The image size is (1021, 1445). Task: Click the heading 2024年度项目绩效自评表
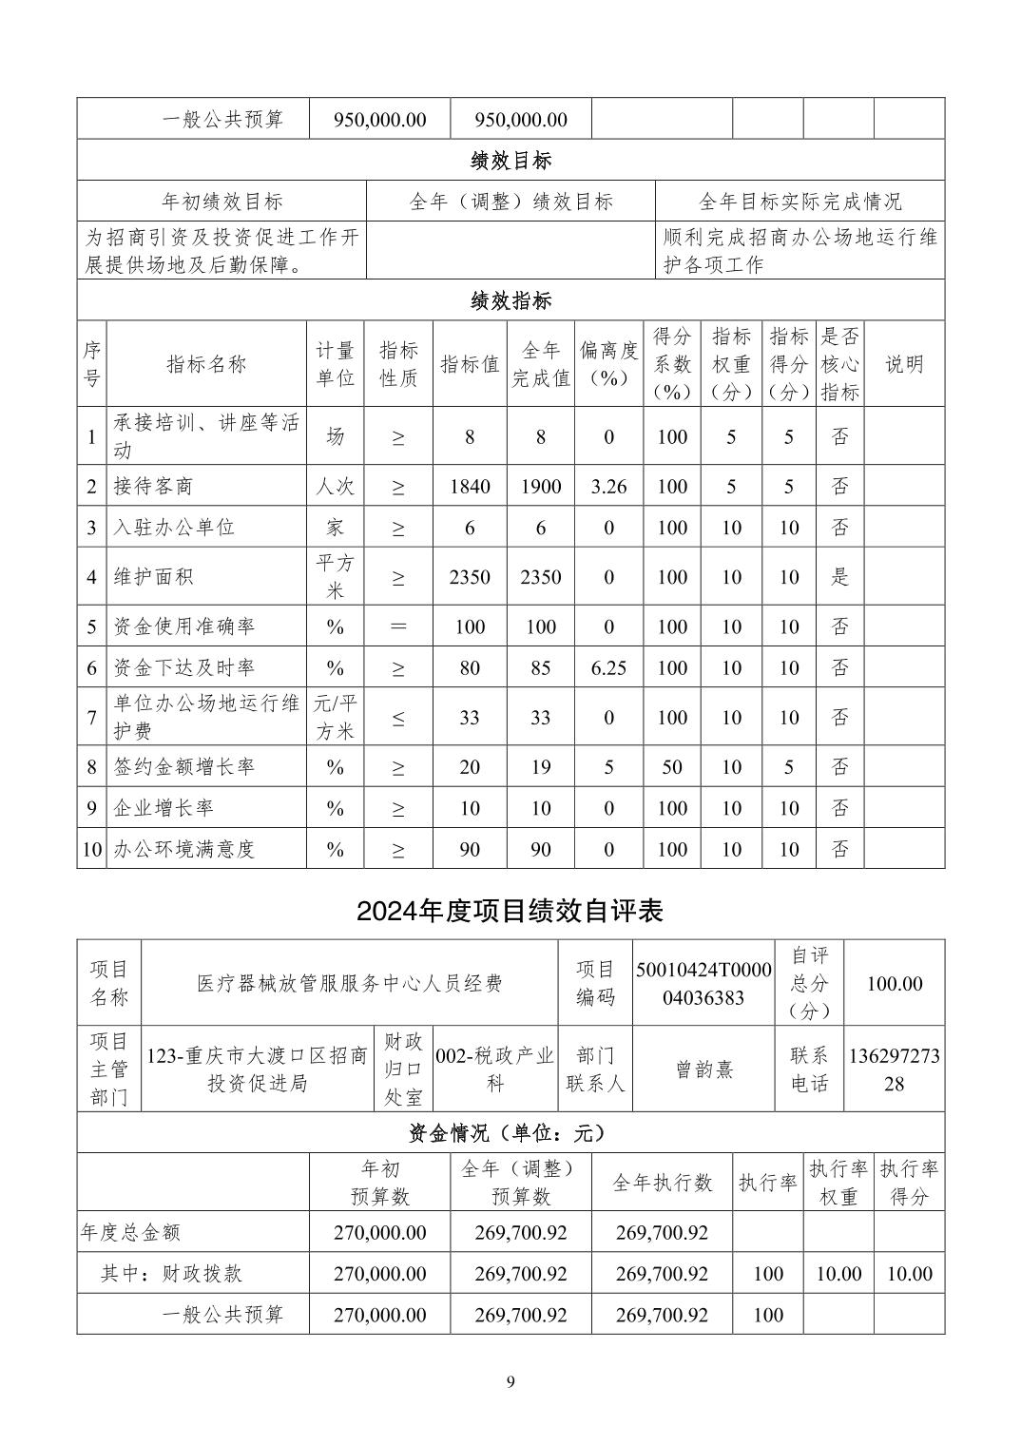(510, 911)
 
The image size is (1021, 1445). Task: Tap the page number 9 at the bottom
(510, 1381)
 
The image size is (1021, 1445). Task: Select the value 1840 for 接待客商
(470, 487)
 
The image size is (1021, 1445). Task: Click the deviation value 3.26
(608, 487)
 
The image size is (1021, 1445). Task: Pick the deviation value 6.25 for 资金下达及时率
(608, 668)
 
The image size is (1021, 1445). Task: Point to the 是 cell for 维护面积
(839, 577)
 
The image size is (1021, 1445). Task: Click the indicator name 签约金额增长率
(184, 767)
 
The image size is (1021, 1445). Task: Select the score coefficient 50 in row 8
(671, 767)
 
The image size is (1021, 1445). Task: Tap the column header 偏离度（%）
(608, 364)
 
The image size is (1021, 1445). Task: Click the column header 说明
(903, 364)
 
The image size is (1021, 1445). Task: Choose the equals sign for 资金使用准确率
(398, 627)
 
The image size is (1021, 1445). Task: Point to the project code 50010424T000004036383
(703, 984)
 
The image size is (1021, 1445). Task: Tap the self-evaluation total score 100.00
(894, 984)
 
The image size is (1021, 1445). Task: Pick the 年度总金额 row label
(130, 1233)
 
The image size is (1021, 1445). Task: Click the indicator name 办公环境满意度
(184, 849)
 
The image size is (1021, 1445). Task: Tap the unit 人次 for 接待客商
(335, 487)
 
